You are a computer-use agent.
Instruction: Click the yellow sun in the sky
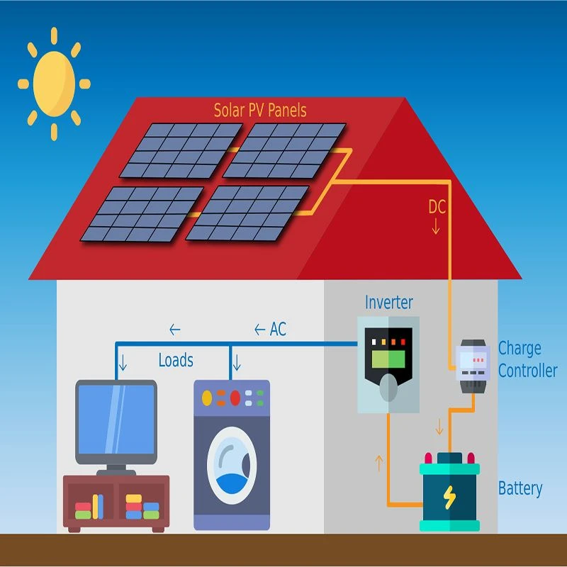point(55,84)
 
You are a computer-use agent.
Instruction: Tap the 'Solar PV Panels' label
point(260,111)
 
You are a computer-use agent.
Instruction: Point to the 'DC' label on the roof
point(437,207)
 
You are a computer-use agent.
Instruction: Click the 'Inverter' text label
point(388,303)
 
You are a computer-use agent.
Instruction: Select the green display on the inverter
point(388,359)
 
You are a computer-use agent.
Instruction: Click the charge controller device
point(473,366)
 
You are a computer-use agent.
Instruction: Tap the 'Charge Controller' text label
point(527,359)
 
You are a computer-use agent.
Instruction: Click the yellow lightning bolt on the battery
point(449,498)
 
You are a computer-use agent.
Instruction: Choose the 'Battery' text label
point(520,488)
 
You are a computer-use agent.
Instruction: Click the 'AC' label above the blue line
point(278,329)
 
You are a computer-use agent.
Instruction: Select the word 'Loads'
point(176,360)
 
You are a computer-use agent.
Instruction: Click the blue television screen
point(116,420)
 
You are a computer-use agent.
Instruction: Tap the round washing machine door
point(232,466)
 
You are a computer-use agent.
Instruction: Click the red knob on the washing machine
point(235,398)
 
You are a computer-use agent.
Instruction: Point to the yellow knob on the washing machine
point(207,398)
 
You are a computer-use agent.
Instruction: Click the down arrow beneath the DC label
point(436,226)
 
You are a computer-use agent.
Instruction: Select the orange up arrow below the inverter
point(379,464)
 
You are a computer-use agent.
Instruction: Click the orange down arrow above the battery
point(439,427)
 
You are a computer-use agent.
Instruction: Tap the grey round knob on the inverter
point(388,388)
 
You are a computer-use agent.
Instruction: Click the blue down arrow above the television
point(123,363)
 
